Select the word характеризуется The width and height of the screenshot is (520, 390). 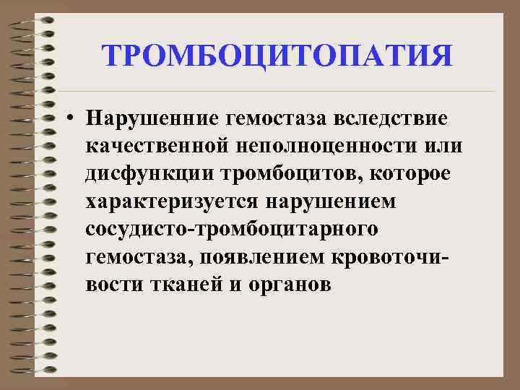170,201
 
